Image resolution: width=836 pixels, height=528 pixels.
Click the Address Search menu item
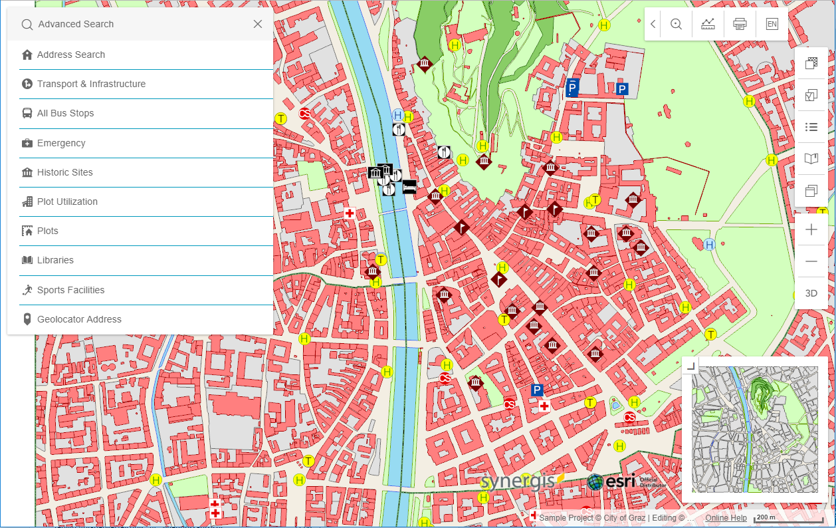71,55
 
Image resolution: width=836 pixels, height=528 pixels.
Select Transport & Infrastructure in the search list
91,84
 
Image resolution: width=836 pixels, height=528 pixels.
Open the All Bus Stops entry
65,113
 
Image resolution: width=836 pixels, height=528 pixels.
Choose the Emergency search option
61,143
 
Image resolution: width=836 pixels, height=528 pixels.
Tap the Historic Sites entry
64,172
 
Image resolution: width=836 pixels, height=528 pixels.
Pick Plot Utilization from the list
67,201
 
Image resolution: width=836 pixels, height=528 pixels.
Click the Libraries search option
55,260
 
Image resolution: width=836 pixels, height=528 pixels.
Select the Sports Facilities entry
70,290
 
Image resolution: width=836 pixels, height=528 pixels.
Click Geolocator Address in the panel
79,319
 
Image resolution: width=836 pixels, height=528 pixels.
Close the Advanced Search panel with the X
258,24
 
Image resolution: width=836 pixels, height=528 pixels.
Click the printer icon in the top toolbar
740,24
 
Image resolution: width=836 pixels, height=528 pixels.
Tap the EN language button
772,24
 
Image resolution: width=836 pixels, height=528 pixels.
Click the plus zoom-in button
811,230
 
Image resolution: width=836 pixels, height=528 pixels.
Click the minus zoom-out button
811,261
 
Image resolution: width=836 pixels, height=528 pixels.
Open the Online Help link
726,518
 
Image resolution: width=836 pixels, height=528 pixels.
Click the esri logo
611,482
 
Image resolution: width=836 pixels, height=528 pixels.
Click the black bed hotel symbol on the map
409,186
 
